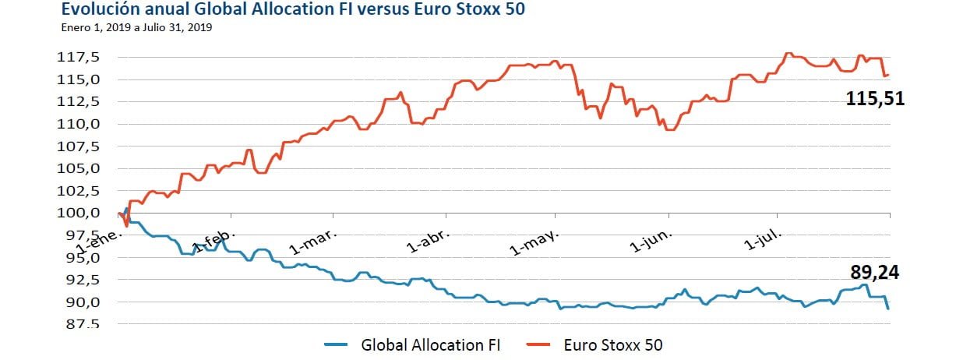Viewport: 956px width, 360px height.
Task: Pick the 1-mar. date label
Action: pos(312,242)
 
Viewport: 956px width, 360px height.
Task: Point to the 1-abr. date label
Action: pos(425,242)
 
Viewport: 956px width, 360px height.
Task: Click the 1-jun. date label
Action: pos(654,242)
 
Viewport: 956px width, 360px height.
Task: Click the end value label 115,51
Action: pos(875,100)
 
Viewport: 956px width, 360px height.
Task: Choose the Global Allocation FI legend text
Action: pos(429,344)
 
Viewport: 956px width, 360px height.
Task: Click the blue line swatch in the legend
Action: pos(337,344)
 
